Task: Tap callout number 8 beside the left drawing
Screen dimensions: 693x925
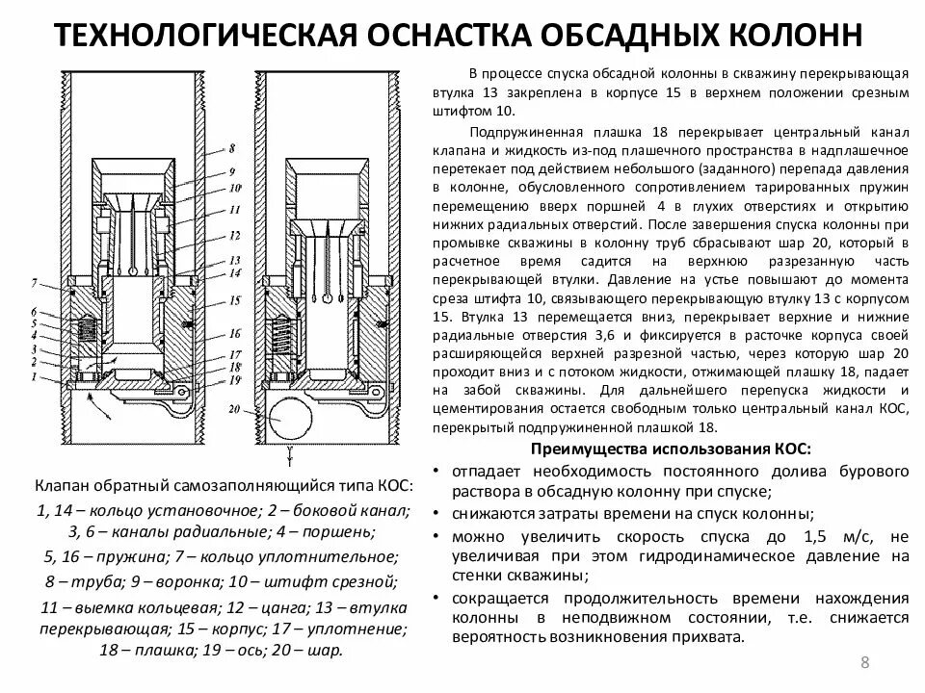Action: [231, 149]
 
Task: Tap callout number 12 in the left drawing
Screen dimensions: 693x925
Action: [232, 235]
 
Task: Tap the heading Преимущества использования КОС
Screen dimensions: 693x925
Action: [671, 449]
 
